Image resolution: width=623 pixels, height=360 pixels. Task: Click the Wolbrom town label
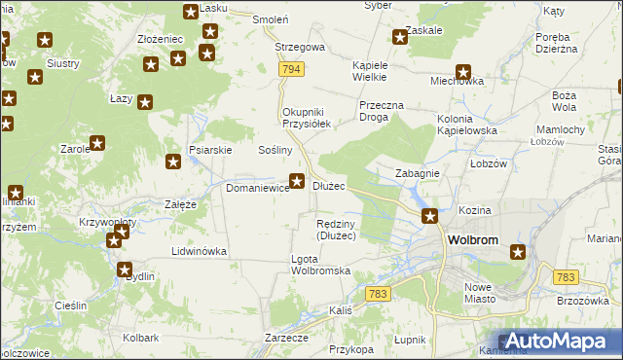click(x=473, y=239)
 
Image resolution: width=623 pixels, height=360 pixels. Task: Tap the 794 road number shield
click(x=289, y=70)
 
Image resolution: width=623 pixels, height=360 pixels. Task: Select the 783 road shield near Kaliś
click(x=379, y=293)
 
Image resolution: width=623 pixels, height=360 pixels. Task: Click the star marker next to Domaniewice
click(x=298, y=180)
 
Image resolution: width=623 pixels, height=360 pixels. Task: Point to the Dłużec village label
click(x=329, y=186)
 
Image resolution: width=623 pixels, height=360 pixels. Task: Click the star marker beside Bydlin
click(x=125, y=270)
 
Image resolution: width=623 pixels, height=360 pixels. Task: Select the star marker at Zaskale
click(x=399, y=38)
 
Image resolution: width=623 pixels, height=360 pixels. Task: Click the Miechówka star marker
click(x=463, y=71)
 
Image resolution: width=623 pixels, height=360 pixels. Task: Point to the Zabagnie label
click(x=418, y=173)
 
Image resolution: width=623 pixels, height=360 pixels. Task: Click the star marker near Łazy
click(x=145, y=101)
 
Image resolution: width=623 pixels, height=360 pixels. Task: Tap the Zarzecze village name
click(x=286, y=337)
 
